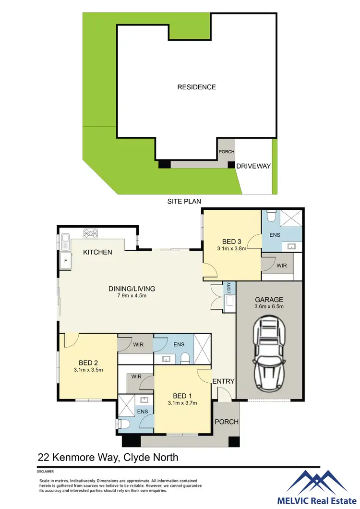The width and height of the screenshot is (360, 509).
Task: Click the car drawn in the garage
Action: pyautogui.click(x=269, y=351)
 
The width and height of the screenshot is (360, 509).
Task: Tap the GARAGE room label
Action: pyautogui.click(x=269, y=299)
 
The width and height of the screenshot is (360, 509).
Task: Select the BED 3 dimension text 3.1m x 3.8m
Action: pyautogui.click(x=231, y=249)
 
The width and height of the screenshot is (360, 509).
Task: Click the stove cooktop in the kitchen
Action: pyautogui.click(x=91, y=233)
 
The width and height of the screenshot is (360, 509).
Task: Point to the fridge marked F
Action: pyautogui.click(x=65, y=261)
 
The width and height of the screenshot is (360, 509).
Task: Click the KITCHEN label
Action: pyautogui.click(x=97, y=252)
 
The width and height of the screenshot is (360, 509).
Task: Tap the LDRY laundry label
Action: pyautogui.click(x=229, y=288)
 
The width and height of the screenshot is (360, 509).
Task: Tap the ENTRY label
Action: pyautogui.click(x=223, y=381)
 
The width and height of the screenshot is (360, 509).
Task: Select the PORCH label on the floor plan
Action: pyautogui.click(x=226, y=422)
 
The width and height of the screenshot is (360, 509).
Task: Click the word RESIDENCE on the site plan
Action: pyautogui.click(x=196, y=87)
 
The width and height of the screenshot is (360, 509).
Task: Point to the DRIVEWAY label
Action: pyautogui.click(x=253, y=166)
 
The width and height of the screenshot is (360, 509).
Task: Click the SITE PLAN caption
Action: pyautogui.click(x=183, y=201)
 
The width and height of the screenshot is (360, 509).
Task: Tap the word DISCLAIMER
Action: pyautogui.click(x=47, y=472)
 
